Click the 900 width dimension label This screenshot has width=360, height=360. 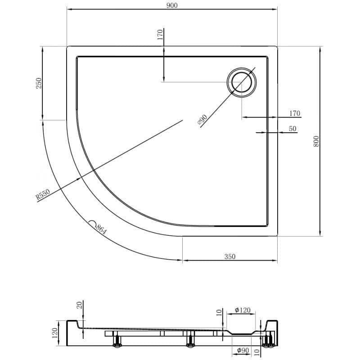click(172, 5)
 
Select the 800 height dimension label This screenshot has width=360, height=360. click(316, 141)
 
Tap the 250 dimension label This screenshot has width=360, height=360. click(39, 83)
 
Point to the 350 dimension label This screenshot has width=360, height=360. click(230, 256)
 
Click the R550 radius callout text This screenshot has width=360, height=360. click(43, 194)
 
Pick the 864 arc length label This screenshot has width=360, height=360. click(101, 229)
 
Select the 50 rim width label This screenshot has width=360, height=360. click(292, 129)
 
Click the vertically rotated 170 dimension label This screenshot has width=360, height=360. click(160, 35)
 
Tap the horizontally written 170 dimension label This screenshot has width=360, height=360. click(295, 113)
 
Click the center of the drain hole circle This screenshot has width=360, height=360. click(241, 82)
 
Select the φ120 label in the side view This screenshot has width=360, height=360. click(243, 310)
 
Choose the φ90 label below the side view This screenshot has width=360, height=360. click(243, 351)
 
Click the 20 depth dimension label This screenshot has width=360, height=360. click(79, 305)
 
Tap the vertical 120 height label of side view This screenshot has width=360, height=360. click(54, 333)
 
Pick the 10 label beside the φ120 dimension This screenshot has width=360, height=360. click(219, 312)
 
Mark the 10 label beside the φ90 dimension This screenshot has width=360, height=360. click(257, 351)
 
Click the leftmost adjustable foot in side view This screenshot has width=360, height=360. click(118, 341)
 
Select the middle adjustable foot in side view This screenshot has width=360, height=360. click(190, 341)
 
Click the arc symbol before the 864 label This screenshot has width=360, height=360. click(92, 223)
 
